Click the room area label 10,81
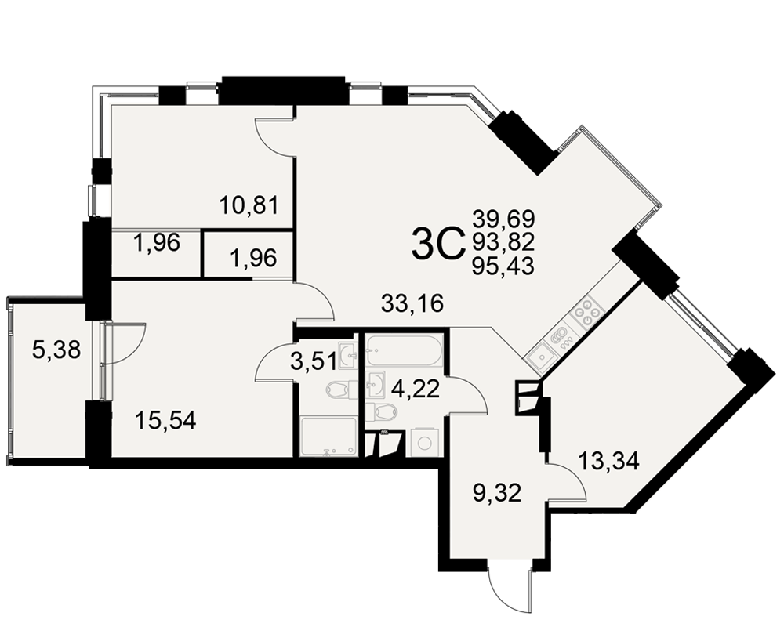point(249,205)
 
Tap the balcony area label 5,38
point(56,350)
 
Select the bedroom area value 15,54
point(166,421)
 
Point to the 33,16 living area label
point(412,303)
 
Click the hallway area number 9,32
point(497,493)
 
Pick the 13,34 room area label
point(608,461)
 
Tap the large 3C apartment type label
point(437,243)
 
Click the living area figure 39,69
point(503,219)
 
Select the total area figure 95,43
point(503,266)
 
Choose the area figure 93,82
point(503,242)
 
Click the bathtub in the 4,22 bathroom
point(404,350)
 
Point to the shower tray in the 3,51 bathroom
point(328,437)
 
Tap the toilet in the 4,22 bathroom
point(382,412)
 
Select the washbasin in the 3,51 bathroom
point(348,356)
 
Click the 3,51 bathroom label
point(314,361)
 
